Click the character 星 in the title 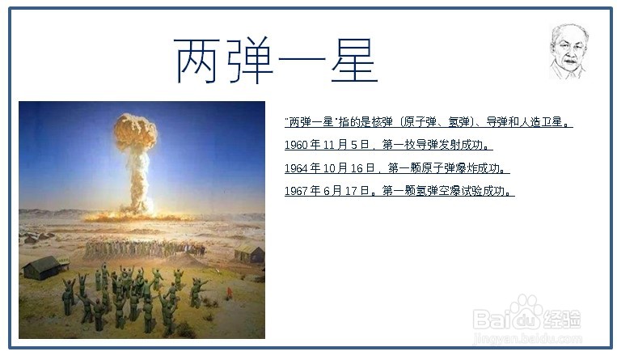[354, 60]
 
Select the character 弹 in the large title [250, 60]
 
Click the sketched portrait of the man [568, 51]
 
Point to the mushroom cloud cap [135, 131]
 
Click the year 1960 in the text [296, 146]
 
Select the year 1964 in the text [296, 168]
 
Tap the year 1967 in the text [296, 192]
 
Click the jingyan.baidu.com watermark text [527, 338]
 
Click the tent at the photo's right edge [250, 252]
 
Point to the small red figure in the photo [229, 293]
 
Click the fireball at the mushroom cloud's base [136, 216]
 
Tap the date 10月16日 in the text [349, 168]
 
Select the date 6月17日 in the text [346, 192]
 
